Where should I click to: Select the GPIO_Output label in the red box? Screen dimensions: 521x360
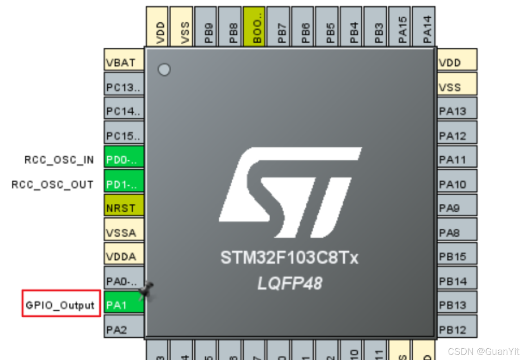pos(60,304)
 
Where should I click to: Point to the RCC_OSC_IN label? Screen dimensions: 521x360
pos(59,160)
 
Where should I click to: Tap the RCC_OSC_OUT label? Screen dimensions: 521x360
pos(52,185)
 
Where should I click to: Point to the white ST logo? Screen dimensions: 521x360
pos(290,192)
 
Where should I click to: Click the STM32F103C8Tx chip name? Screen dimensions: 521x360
pos(289,258)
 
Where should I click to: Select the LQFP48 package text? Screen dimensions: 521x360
pos(289,283)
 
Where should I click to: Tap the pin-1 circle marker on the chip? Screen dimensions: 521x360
pos(164,70)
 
